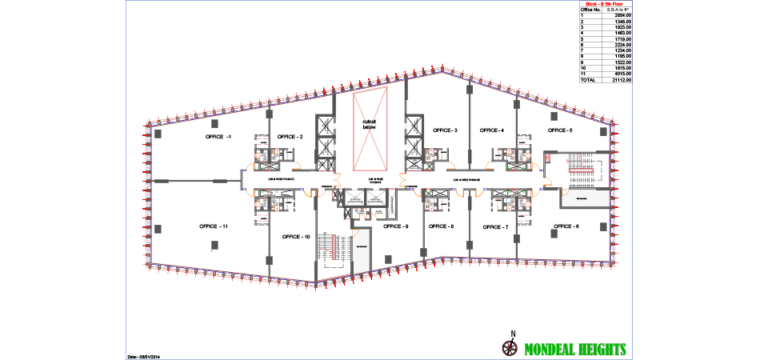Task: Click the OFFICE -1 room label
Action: pos(218,137)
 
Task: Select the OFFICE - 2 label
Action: pos(290,137)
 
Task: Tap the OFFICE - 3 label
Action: pos(445,130)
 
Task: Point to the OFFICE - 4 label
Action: pos(491,130)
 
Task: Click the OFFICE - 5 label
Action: pos(560,130)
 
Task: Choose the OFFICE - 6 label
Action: pos(566,226)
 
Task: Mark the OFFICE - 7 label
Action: pos(496,227)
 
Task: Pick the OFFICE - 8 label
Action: pos(441,226)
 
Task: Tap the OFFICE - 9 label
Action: pos(396,226)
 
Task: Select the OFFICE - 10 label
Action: pos(296,237)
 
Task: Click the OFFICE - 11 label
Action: pos(214,227)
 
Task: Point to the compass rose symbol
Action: pos(509,347)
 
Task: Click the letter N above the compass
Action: pos(514,334)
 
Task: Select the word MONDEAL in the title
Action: pos(552,350)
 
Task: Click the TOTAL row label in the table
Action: pos(587,80)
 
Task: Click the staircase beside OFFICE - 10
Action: pos(326,246)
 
